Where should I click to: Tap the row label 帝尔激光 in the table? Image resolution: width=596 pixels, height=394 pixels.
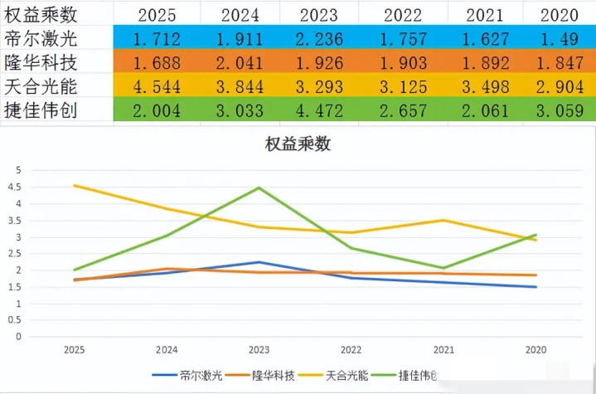(41, 38)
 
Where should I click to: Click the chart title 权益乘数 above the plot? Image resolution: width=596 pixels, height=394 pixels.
(298, 144)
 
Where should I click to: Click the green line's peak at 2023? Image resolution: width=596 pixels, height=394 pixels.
(259, 187)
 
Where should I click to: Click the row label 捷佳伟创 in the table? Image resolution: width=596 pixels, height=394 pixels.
(41, 110)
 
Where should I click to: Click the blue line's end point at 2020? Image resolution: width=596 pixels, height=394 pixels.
(536, 287)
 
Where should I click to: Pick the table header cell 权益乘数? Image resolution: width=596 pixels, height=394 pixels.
(41, 14)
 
